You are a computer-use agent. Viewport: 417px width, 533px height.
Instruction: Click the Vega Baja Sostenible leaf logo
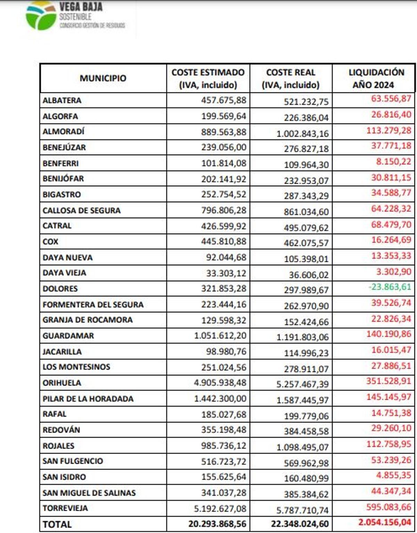click(x=41, y=16)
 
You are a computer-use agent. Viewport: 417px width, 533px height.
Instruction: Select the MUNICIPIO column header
click(x=103, y=78)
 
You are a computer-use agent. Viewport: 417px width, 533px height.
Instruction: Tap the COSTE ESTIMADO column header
click(x=208, y=79)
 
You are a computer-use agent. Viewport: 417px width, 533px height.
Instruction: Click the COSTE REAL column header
click(x=291, y=79)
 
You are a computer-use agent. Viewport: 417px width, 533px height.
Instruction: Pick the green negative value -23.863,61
click(x=390, y=287)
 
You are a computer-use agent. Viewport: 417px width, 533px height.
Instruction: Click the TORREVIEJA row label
click(x=65, y=508)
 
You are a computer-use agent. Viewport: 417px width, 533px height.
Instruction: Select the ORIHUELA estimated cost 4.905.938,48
click(x=220, y=383)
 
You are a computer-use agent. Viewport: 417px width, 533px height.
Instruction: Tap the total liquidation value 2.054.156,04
click(x=385, y=522)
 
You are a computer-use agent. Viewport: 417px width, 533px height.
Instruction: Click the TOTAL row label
click(x=57, y=524)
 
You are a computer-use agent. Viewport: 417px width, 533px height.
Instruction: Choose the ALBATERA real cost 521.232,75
click(x=306, y=102)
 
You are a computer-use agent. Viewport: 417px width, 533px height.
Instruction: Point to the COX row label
click(x=50, y=241)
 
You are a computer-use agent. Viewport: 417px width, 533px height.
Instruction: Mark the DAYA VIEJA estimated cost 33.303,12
click(x=226, y=273)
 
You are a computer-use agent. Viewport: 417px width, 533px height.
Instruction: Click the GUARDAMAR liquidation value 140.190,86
click(x=389, y=334)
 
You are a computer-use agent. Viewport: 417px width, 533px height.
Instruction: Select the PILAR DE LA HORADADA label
click(x=88, y=399)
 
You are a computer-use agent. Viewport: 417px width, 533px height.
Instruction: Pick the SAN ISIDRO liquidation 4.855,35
click(x=393, y=475)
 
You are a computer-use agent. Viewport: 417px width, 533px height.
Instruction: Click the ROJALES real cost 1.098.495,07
click(x=302, y=447)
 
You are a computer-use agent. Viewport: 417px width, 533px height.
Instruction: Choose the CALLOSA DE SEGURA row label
click(x=82, y=211)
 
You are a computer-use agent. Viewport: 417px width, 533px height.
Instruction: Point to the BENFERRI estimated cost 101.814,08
click(x=224, y=163)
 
